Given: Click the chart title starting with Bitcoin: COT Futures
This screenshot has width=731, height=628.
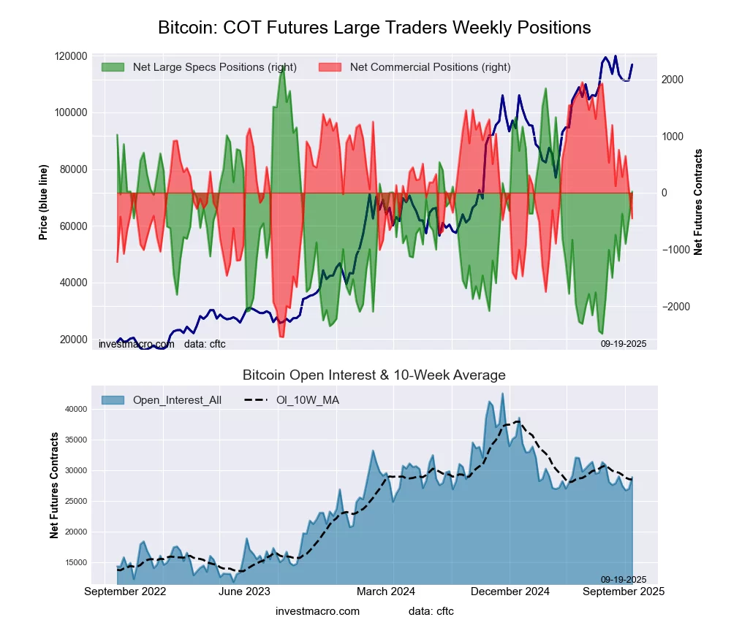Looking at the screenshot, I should pyautogui.click(x=374, y=28).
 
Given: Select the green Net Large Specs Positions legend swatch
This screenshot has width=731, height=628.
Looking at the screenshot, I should pyautogui.click(x=113, y=67).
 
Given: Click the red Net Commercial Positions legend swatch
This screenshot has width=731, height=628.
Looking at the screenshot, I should pyautogui.click(x=330, y=67).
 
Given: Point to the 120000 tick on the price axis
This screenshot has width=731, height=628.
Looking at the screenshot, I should pyautogui.click(x=71, y=56).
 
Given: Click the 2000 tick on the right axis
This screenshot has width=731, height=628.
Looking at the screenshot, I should pyautogui.click(x=674, y=80).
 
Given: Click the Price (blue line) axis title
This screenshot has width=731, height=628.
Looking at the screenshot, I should pyautogui.click(x=43, y=198).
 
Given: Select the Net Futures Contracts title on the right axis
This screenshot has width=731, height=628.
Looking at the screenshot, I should pyautogui.click(x=698, y=202).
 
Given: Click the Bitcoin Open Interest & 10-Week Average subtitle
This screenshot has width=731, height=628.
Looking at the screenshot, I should pyautogui.click(x=374, y=375).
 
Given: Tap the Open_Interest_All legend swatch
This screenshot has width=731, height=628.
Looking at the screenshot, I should pyautogui.click(x=113, y=400).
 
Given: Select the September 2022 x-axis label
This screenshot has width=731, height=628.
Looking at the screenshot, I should pyautogui.click(x=125, y=592).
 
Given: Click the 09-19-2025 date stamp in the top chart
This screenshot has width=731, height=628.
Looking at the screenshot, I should pyautogui.click(x=624, y=343).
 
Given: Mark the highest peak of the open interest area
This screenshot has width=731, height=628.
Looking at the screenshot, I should pyautogui.click(x=502, y=394).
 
